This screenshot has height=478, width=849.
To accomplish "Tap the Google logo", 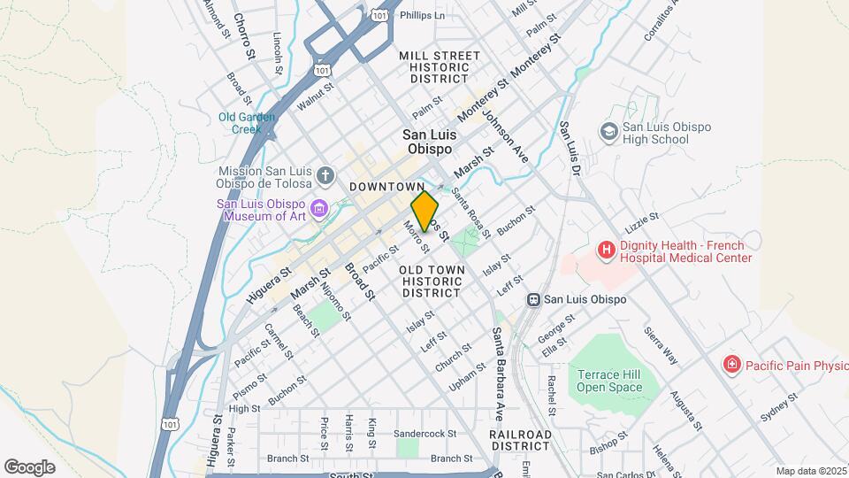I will (30, 466).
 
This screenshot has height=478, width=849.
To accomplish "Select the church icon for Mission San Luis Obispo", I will (325, 174).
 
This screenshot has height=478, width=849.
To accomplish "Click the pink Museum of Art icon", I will (318, 209).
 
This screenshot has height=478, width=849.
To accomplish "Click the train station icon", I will (533, 299).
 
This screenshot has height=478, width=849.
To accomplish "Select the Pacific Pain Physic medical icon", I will (731, 364).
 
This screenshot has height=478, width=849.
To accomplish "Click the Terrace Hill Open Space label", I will (608, 381).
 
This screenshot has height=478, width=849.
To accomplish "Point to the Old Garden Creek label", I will (248, 122).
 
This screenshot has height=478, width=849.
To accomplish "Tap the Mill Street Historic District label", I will (440, 67).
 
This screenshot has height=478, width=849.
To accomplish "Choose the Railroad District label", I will (520, 440).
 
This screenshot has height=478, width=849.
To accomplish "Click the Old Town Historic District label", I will (431, 280).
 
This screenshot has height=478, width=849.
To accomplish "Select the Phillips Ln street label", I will (422, 16).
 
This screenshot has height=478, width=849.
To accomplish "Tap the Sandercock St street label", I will (424, 435).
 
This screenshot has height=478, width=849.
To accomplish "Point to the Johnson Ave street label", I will (506, 141).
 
